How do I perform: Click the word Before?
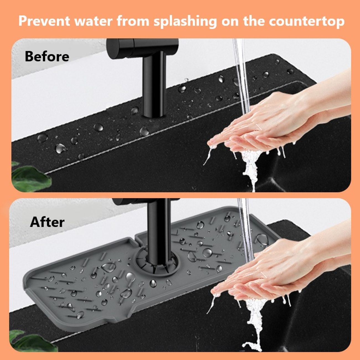click(47, 56)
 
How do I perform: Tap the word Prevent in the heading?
click(44, 21)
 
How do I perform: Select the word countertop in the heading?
click(307, 21)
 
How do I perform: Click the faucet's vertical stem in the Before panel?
click(154, 84)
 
